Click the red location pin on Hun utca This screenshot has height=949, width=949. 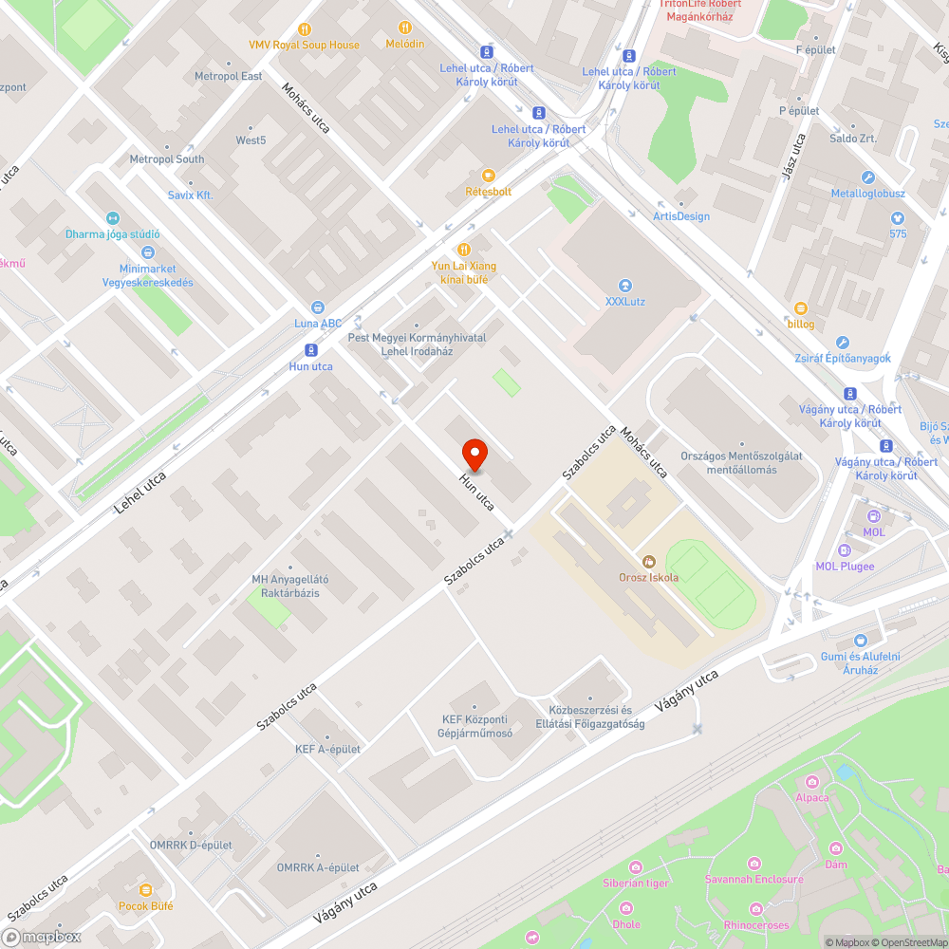point(474,454)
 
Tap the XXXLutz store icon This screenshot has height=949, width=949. point(624,286)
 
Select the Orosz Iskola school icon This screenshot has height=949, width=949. point(649,561)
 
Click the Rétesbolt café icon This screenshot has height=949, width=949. point(489,176)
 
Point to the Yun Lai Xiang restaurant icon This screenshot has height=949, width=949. point(464,250)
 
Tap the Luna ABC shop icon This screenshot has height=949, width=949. point(318,307)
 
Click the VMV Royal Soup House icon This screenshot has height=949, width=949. point(305,28)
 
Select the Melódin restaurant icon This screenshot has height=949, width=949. point(405,28)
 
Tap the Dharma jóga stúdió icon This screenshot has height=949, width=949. point(113,218)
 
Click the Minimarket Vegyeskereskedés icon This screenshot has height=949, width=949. point(148,252)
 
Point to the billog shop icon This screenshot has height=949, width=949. point(800,307)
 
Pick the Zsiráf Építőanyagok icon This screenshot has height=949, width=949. point(843,343)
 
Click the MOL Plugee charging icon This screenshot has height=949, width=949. point(845,550)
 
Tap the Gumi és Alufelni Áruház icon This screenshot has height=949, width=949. point(861,641)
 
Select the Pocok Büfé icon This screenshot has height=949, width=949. point(145,890)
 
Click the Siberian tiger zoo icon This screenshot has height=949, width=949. point(636,867)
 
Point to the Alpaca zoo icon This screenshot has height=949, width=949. point(811,781)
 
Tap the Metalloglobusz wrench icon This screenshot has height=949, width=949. point(867,177)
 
